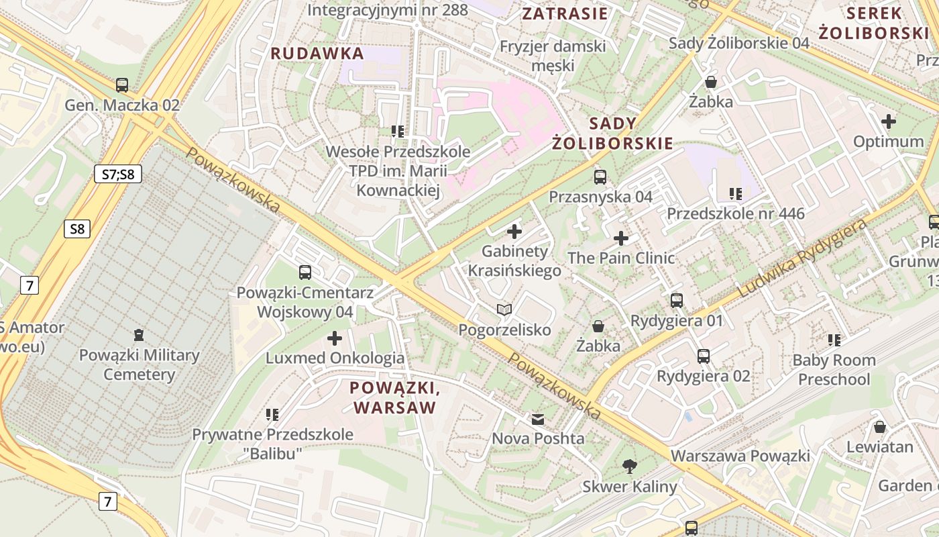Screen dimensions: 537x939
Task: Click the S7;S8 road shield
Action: (x=118, y=175)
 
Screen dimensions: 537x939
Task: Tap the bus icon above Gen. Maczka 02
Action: (x=121, y=85)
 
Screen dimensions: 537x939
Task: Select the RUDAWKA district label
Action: (x=317, y=54)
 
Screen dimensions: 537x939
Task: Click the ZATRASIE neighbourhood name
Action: (x=565, y=13)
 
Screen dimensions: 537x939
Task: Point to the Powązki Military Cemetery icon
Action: (x=139, y=334)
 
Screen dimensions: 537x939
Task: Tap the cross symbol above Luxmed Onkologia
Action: (x=334, y=338)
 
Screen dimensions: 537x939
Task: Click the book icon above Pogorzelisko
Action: (x=504, y=309)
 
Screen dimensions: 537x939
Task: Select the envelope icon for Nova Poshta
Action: (x=538, y=420)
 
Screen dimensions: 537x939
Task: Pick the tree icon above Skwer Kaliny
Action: (x=629, y=466)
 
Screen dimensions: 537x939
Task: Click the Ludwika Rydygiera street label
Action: (x=803, y=258)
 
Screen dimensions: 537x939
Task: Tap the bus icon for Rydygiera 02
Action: (x=703, y=356)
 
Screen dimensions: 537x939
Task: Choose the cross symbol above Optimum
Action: (x=889, y=121)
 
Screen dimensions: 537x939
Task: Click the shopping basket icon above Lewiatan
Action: (x=880, y=427)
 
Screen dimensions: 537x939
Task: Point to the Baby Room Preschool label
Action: (x=834, y=369)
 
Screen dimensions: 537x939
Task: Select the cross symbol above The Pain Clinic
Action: (x=621, y=238)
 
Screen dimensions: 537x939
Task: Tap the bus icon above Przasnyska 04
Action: (x=600, y=177)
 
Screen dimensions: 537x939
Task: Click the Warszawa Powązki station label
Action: (x=740, y=456)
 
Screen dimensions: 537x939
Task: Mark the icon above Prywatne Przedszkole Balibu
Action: (x=272, y=415)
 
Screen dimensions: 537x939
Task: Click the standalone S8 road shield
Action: (x=77, y=229)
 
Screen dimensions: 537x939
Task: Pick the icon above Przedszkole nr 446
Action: (x=735, y=194)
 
